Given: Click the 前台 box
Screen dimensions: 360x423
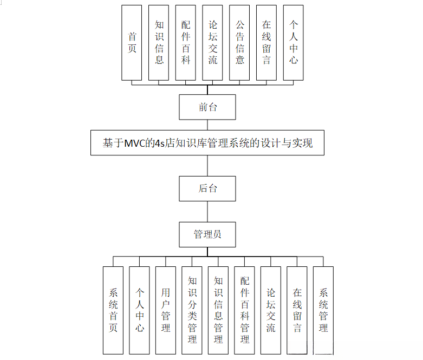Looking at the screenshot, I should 207,107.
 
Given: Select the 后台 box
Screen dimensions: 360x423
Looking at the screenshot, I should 207,188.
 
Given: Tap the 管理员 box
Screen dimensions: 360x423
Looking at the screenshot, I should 207,234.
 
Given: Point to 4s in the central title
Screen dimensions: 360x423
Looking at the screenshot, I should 159,143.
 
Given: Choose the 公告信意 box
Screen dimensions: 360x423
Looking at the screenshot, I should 239,42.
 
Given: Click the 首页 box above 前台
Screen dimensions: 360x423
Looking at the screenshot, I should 132,42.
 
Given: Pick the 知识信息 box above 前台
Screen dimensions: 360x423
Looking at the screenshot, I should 159,42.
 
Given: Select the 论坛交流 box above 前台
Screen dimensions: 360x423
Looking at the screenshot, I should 212,42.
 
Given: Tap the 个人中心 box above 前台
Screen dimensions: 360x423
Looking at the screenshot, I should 293,42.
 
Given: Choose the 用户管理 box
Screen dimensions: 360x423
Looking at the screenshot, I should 166,310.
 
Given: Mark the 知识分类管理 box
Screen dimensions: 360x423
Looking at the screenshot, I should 192,310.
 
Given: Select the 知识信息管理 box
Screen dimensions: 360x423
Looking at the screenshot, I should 218,310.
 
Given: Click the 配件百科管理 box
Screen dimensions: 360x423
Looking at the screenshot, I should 245,310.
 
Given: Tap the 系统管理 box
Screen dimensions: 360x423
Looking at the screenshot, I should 323,310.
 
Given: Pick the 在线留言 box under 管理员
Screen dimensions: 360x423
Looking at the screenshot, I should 297,310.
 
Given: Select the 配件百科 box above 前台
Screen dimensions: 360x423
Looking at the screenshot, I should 186,42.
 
